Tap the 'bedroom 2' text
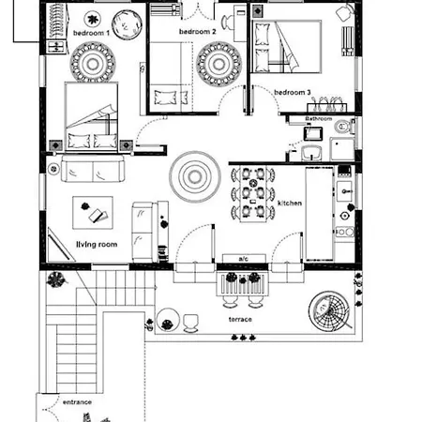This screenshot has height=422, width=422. coord(198,32)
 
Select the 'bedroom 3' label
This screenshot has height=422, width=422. coord(293,93)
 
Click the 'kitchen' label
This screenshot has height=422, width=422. coord(290,203)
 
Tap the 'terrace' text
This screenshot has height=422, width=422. coord(240,320)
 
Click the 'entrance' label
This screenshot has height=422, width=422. coord(77,401)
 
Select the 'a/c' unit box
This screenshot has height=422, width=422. coord(243,258)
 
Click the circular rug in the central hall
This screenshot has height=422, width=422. coord(195,174)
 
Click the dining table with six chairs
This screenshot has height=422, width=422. coord(251,195)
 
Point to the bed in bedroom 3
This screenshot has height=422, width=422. coord(287,49)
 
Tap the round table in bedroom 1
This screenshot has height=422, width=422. coord(125,23)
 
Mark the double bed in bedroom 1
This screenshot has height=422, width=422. coord(92,119)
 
